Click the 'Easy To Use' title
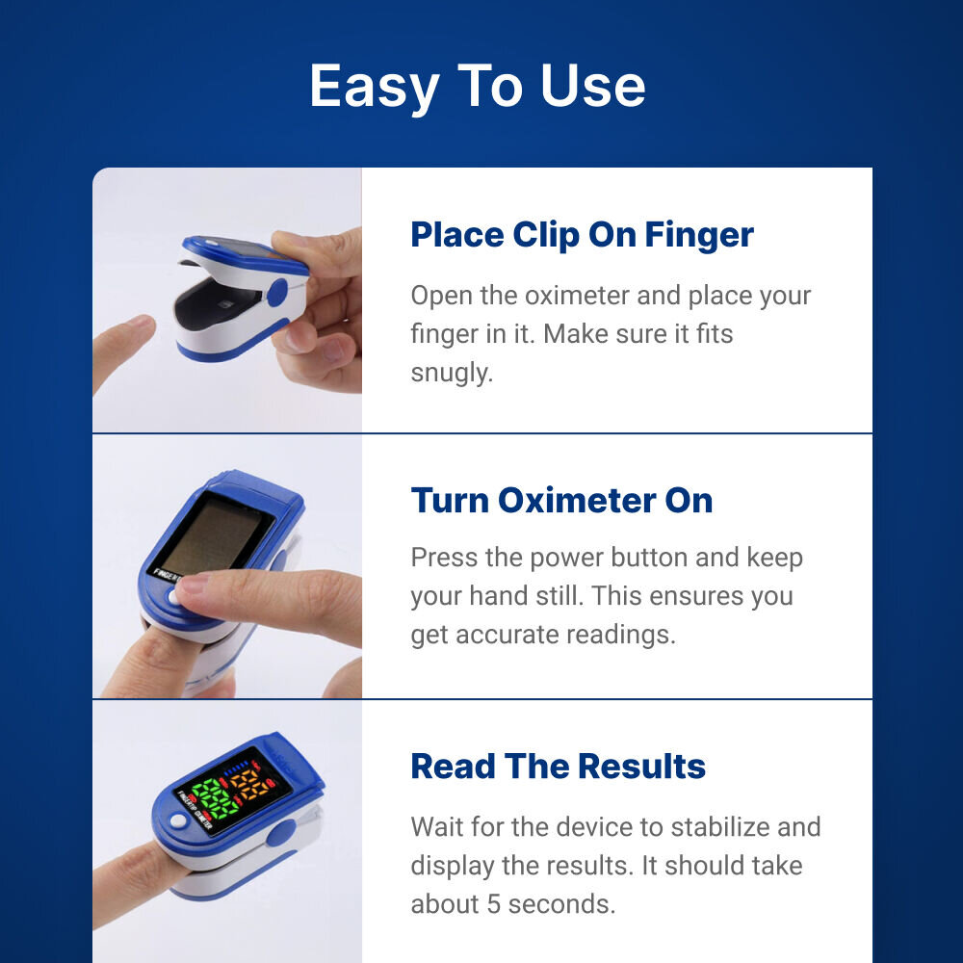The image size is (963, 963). [478, 86]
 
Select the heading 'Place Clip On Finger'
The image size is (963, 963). [582, 235]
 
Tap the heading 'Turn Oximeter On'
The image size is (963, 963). [561, 501]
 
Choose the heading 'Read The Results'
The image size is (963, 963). [558, 767]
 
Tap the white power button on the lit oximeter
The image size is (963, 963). [177, 821]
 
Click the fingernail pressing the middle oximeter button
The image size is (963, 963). [193, 584]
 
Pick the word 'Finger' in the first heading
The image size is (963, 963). [699, 235]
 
